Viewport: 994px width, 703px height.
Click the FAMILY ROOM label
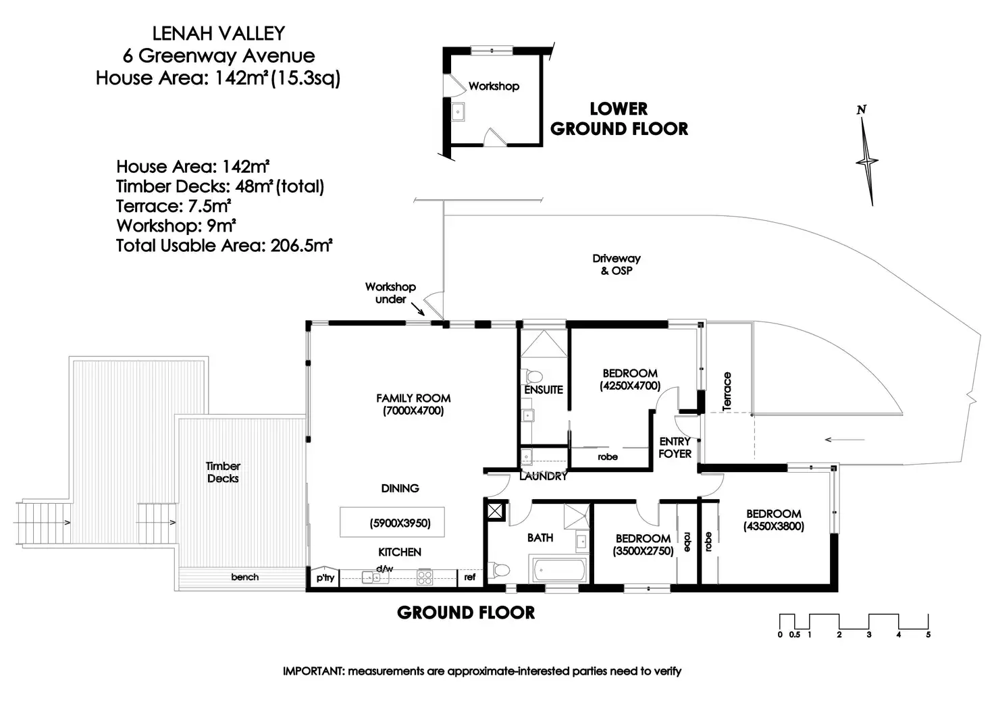pyautogui.click(x=413, y=398)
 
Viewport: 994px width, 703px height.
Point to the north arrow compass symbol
pyautogui.click(x=866, y=159)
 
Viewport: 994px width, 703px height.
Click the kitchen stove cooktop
pyautogui.click(x=425, y=577)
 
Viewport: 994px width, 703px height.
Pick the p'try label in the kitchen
pyautogui.click(x=325, y=577)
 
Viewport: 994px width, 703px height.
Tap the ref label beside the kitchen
pyautogui.click(x=470, y=577)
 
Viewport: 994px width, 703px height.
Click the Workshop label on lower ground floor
pyautogui.click(x=494, y=86)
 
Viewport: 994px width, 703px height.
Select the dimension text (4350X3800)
pyautogui.click(x=774, y=527)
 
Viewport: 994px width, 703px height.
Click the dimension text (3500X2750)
pyautogui.click(x=643, y=551)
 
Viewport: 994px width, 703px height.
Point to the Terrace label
pyautogui.click(x=727, y=392)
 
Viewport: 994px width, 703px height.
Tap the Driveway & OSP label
pyautogui.click(x=616, y=264)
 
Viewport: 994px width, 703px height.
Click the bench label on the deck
pyautogui.click(x=244, y=577)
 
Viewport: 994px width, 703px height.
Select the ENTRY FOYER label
pyautogui.click(x=675, y=448)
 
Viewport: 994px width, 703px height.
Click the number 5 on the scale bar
pyautogui.click(x=928, y=635)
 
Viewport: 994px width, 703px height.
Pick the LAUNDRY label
pyautogui.click(x=543, y=476)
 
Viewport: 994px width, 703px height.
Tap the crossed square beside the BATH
pyautogui.click(x=496, y=511)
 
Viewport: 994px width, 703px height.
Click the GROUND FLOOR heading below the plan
pyautogui.click(x=466, y=613)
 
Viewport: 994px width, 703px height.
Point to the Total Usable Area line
pyautogui.click(x=224, y=245)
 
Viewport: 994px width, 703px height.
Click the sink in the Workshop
pyautogui.click(x=458, y=111)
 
